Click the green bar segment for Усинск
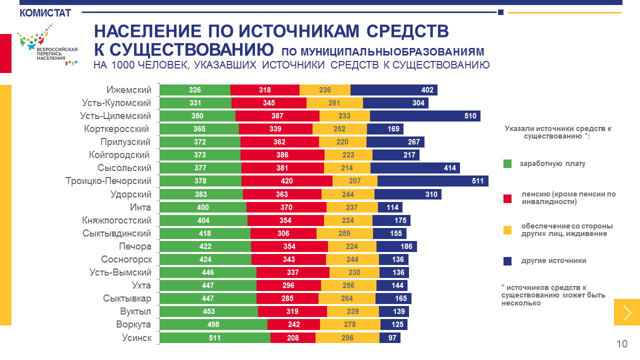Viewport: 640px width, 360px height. click(x=215, y=338)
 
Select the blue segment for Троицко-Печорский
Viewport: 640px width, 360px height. click(x=432, y=181)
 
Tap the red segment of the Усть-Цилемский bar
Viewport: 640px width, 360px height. click(x=277, y=116)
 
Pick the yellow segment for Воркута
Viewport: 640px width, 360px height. click(x=350, y=325)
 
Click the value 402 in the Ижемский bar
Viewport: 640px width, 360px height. click(x=427, y=90)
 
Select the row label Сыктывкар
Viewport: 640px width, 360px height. click(x=127, y=299)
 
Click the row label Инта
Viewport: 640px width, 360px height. click(x=140, y=207)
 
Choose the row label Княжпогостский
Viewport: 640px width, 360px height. click(x=116, y=220)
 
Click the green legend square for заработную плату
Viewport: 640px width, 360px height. click(x=507, y=163)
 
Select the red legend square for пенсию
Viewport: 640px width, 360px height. click(x=507, y=198)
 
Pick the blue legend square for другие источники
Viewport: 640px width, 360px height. click(x=507, y=261)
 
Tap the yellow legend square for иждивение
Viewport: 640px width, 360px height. click(x=507, y=230)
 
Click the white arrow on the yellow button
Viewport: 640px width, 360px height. click(x=627, y=312)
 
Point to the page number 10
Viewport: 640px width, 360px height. click(x=622, y=344)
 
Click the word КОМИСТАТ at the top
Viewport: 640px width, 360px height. click(x=45, y=13)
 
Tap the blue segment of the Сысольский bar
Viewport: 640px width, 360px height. click(x=415, y=168)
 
